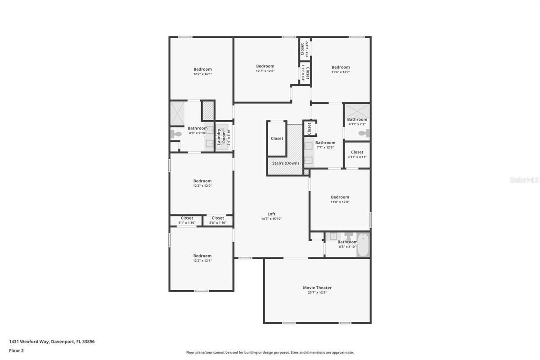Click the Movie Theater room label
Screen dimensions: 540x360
[317, 288]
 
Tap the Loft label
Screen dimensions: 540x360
[271, 214]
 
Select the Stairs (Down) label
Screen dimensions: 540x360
[285, 163]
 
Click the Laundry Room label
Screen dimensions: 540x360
[221, 137]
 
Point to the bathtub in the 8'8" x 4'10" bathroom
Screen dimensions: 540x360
[363, 245]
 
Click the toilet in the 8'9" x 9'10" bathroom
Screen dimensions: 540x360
[176, 134]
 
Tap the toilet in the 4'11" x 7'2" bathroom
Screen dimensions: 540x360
[364, 133]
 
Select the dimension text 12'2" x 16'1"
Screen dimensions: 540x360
[202, 74]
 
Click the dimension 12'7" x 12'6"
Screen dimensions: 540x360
[265, 71]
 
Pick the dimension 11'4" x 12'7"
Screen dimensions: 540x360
[341, 72]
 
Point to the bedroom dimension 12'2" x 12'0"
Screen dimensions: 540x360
[202, 186]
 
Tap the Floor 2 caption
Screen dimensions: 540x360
[16, 351]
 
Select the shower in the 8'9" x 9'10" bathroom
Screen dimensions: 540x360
[177, 113]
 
